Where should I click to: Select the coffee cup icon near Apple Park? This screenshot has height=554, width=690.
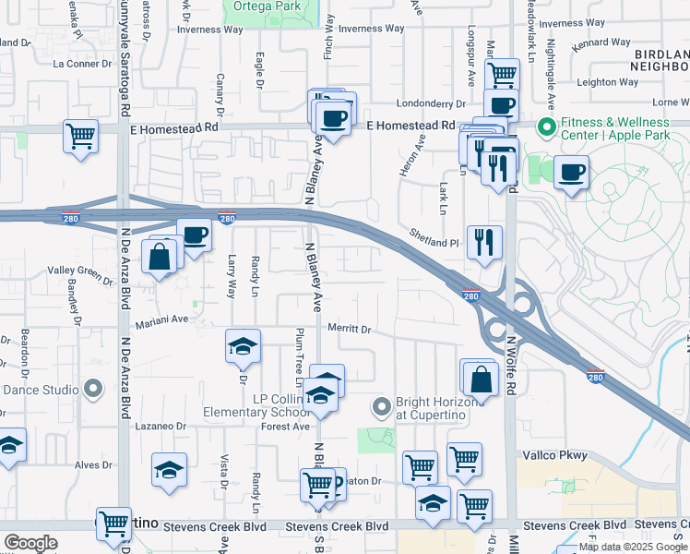pyautogui.click(x=571, y=172)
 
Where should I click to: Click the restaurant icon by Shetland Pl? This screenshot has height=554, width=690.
pyautogui.click(x=484, y=243)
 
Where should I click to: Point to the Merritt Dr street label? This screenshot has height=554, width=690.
pyautogui.click(x=349, y=329)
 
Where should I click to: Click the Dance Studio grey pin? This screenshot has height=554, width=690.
pyautogui.click(x=93, y=390)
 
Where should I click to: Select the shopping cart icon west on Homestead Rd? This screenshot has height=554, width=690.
pyautogui.click(x=81, y=137)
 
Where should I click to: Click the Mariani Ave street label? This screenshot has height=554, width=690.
pyautogui.click(x=162, y=319)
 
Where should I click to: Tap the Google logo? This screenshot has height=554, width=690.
pyautogui.click(x=30, y=543)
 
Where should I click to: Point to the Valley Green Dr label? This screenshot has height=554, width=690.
pyautogui.click(x=80, y=271)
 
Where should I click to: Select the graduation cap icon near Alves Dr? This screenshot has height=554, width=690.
pyautogui.click(x=169, y=470)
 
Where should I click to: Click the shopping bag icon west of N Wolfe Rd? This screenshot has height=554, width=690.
pyautogui.click(x=481, y=377)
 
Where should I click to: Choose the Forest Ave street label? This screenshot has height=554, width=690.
pyautogui.click(x=284, y=427)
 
